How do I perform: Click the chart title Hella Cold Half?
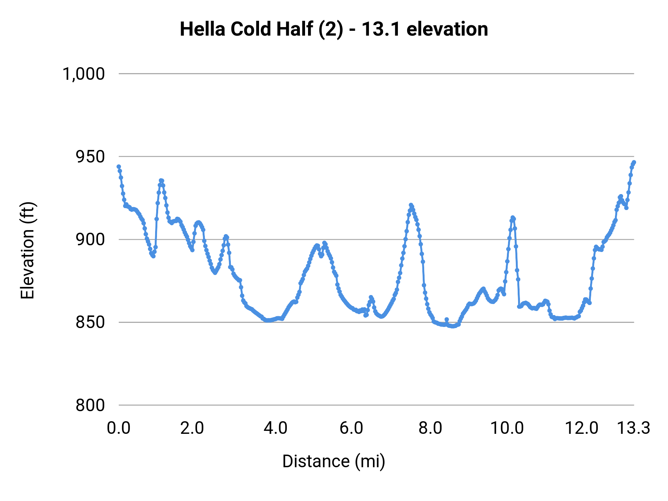point(334,29)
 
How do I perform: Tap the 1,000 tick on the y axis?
point(83,74)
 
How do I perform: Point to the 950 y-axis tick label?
point(90,157)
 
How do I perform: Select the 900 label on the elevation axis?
point(90,239)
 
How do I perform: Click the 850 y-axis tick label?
point(90,322)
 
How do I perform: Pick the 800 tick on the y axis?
point(90,405)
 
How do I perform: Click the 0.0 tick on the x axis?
point(119,428)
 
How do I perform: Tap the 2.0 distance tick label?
point(192,428)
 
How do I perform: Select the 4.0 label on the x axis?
point(275,428)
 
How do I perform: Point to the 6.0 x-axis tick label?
point(351,428)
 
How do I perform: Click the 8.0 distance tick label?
point(430,428)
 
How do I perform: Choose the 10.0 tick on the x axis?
point(507,428)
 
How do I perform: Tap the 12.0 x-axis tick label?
point(582,428)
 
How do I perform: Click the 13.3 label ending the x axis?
point(633,428)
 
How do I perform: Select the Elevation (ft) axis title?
point(27,250)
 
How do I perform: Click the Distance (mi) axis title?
point(334,461)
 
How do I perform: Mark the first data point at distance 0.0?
point(119,167)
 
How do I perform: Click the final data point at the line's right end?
point(634,162)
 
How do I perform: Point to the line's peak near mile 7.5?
point(411,205)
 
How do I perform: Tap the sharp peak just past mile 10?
point(513,217)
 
